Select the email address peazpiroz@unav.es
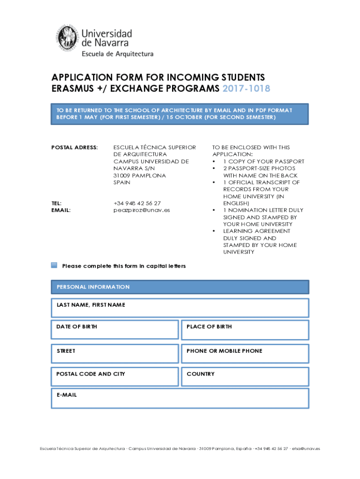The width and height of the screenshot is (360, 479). (142, 210)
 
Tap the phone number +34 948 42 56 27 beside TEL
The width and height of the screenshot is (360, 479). (137, 203)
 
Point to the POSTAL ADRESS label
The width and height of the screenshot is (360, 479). (74, 147)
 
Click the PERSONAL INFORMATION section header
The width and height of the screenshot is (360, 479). (180, 287)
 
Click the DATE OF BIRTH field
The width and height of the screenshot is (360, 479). (115, 330)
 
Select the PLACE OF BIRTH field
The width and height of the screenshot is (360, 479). (245, 330)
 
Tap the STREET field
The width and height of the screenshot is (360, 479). (115, 354)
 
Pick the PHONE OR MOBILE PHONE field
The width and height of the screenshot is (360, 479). (245, 354)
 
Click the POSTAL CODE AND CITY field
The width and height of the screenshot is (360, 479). (115, 377)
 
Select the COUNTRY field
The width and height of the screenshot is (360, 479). (245, 377)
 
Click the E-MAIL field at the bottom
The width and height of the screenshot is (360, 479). (180, 398)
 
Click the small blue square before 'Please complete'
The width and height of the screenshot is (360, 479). (54, 266)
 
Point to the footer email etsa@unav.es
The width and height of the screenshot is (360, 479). (306, 448)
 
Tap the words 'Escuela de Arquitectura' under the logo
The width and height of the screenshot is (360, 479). (117, 54)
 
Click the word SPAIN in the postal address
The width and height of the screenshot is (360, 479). (122, 182)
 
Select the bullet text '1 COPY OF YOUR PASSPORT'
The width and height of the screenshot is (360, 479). (263, 161)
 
